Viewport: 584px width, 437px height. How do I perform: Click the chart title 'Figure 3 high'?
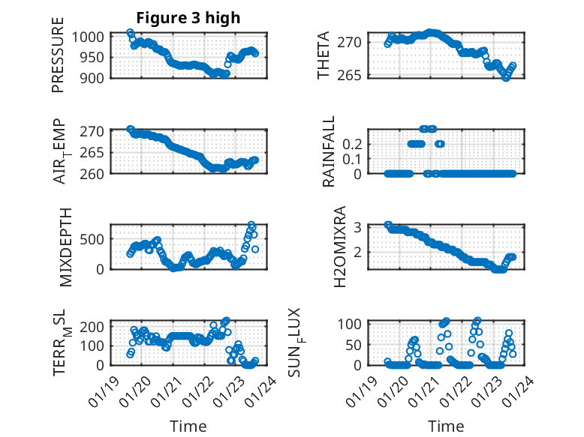(x=188, y=18)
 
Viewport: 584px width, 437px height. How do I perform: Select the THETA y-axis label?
(x=324, y=55)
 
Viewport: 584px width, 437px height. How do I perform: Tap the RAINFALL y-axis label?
(x=329, y=151)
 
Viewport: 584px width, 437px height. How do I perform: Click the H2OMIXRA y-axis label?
(x=339, y=247)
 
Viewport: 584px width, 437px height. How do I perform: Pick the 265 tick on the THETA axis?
(x=355, y=75)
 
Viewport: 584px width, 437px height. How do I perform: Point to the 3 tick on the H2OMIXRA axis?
(x=359, y=227)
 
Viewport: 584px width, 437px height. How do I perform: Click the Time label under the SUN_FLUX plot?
(x=446, y=426)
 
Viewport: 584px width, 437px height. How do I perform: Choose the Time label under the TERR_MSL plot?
(x=188, y=426)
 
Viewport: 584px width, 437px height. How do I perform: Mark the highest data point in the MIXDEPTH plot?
(x=252, y=225)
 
